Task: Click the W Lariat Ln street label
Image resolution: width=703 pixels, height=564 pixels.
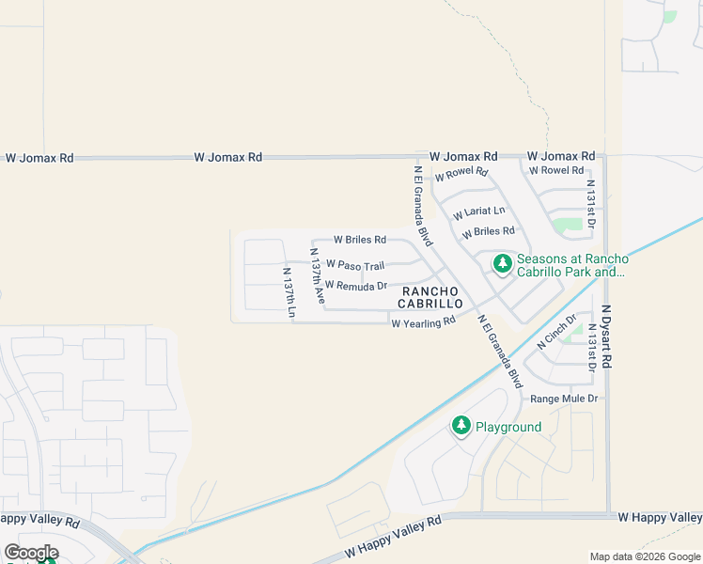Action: (479, 212)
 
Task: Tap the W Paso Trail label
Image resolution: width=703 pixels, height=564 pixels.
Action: (355, 266)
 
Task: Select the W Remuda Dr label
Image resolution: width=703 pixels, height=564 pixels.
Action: (356, 286)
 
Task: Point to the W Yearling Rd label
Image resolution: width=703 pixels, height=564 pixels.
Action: (423, 322)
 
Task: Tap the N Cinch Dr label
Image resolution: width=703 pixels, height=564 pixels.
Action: (556, 332)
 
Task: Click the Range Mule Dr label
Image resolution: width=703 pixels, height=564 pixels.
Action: (564, 399)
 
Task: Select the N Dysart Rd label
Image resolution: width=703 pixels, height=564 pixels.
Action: (607, 336)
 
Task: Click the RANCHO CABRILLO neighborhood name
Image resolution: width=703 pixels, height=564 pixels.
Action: (432, 298)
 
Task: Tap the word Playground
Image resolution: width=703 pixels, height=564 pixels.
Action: (508, 427)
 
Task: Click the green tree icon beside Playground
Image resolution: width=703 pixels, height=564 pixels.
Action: (461, 426)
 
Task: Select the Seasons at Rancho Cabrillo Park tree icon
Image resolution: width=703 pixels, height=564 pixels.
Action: (503, 263)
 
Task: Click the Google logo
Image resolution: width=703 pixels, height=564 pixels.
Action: (31, 552)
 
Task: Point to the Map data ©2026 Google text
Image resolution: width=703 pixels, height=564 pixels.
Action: (645, 556)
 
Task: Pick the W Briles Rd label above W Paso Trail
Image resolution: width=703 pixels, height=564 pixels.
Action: (360, 240)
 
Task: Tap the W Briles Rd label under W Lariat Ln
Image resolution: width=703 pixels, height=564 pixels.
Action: (489, 231)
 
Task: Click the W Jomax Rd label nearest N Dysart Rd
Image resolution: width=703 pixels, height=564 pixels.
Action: (561, 156)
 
